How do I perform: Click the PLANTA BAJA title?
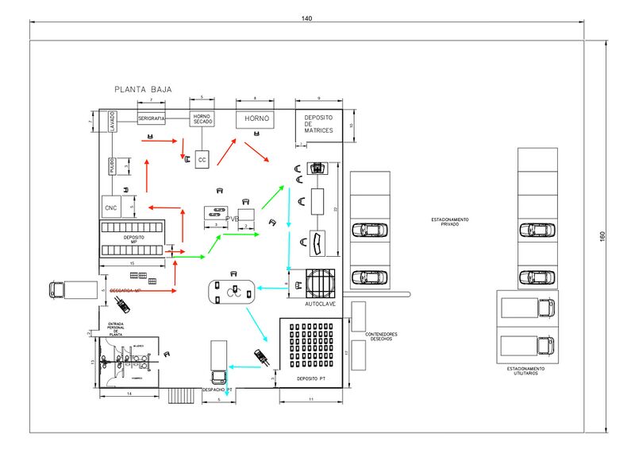click(x=143, y=90)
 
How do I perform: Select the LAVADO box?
click(x=113, y=122)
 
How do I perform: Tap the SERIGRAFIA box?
click(x=151, y=118)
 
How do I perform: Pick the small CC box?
click(x=202, y=160)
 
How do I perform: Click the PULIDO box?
click(x=113, y=165)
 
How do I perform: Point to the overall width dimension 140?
click(x=306, y=18)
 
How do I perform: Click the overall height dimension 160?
click(x=602, y=236)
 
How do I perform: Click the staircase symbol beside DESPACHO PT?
click(x=182, y=395)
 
